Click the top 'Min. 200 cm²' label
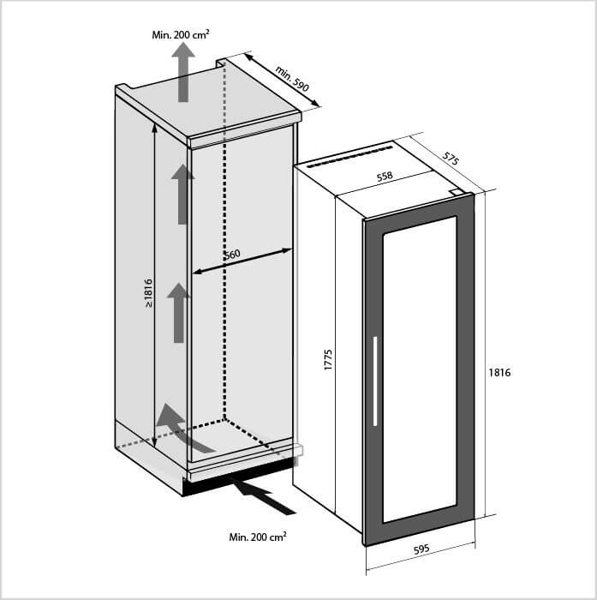coord(181,34)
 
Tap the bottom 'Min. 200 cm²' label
coord(258,537)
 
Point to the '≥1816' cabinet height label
coord(147,293)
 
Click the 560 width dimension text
coord(232,255)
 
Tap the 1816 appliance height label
coord(499,373)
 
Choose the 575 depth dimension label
coord(451,159)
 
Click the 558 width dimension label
coord(385,177)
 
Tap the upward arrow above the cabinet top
coord(182,72)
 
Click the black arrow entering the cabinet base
coord(265,498)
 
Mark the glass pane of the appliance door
coord(419,369)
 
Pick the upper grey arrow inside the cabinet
coord(182,193)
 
